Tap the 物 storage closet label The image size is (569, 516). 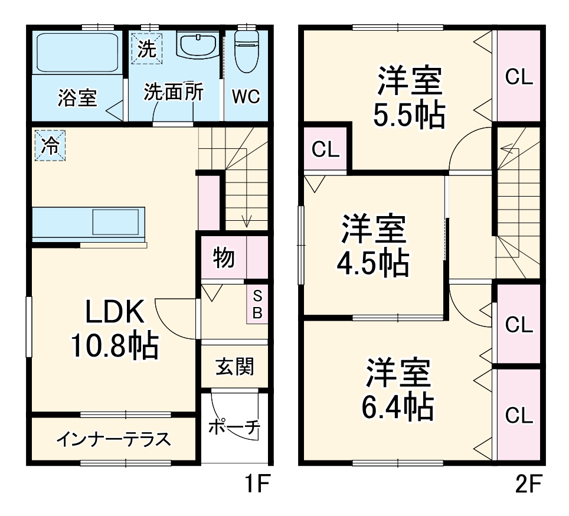[x=223, y=258]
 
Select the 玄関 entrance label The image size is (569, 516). [x=234, y=367]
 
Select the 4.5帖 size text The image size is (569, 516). [x=373, y=263]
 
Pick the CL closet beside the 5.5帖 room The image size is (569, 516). [x=519, y=77]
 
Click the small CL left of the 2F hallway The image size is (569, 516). [x=326, y=150]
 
